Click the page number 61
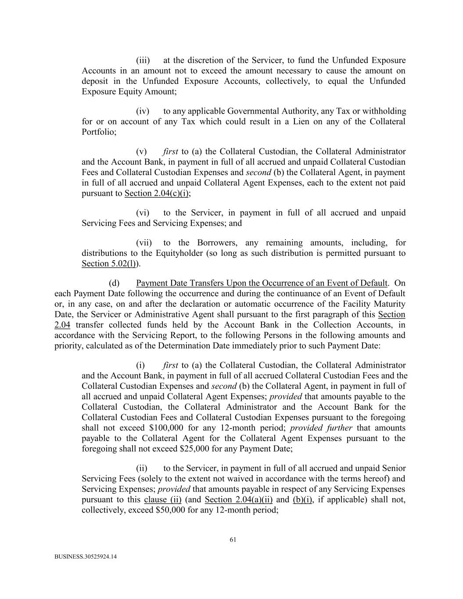coord(233,540)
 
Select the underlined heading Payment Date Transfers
coord(262,283)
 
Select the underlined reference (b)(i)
coord(302,500)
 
